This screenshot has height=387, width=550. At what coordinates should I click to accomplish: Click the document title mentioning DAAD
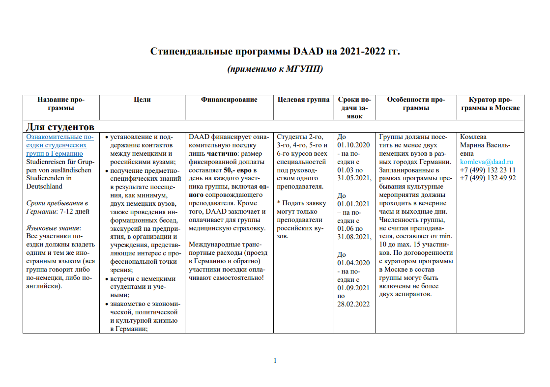point(275,52)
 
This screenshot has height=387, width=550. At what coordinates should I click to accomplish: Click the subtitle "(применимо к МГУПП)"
point(275,69)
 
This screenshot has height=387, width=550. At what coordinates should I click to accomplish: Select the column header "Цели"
point(142,100)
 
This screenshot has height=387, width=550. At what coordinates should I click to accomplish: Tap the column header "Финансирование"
point(229,100)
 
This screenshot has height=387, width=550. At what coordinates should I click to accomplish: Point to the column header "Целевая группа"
point(303,100)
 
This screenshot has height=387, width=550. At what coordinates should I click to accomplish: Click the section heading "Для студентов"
point(60,127)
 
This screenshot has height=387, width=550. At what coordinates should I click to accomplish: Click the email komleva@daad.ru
point(487,162)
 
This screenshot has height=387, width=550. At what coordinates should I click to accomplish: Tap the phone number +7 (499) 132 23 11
point(488,170)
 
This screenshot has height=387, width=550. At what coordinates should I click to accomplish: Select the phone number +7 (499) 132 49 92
point(488,178)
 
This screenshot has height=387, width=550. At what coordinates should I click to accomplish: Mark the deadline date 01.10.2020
point(354,145)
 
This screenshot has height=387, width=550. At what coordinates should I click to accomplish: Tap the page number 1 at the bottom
point(275,360)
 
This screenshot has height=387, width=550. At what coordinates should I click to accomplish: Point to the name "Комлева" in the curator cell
point(473,137)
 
